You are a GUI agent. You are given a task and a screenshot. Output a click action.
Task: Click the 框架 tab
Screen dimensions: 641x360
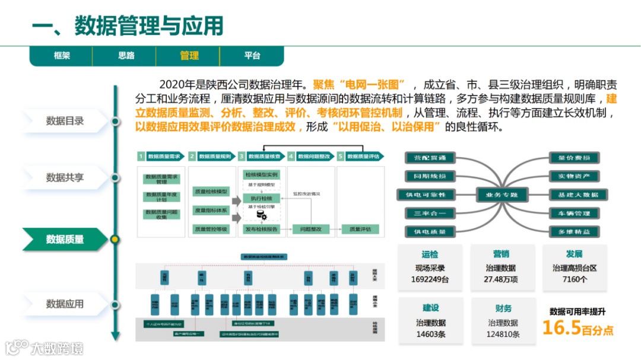62,56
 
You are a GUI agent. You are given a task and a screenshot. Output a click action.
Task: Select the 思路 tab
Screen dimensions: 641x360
126,56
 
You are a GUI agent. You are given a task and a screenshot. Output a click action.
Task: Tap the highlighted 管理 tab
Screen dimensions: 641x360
189,56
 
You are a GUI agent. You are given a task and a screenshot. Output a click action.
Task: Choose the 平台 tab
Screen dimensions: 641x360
252,56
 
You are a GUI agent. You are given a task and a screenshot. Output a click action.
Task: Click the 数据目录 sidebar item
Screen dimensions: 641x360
65,121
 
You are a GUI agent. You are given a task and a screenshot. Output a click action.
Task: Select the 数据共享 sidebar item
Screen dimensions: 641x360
65,177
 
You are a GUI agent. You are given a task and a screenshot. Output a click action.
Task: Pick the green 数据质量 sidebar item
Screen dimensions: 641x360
65,239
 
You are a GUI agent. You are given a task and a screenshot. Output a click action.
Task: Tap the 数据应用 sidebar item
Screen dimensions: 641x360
65,304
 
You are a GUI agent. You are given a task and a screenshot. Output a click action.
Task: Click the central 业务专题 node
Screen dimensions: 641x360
502,195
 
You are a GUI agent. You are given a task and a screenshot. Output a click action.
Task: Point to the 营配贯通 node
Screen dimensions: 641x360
430,158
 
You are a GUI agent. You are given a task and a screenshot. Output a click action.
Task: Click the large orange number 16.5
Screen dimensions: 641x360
561,328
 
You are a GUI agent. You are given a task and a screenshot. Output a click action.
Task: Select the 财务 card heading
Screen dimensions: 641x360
503,308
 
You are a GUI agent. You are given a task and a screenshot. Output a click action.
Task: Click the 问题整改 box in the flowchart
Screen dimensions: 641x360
310,229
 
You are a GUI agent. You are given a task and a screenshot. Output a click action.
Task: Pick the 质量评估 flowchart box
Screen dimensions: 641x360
360,229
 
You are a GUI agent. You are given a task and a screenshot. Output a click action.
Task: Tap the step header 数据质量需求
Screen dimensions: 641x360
164,157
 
